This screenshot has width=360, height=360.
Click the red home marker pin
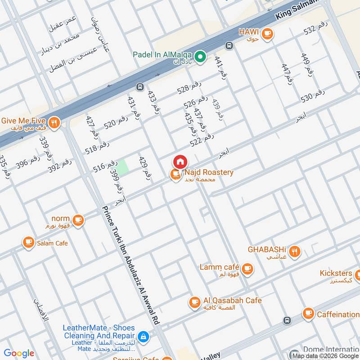(x=180, y=162)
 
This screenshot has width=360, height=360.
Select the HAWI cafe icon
(x=267, y=33)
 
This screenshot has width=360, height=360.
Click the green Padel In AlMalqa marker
(x=201, y=56)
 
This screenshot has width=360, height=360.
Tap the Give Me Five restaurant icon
(x=54, y=122)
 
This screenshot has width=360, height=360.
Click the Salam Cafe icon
(x=29, y=243)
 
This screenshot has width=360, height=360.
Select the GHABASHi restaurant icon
(x=295, y=252)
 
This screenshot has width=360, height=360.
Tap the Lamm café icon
(x=247, y=269)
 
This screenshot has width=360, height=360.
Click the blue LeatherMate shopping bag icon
(x=143, y=336)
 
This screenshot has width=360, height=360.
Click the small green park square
(x=123, y=165)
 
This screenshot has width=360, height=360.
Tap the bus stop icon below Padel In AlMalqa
(x=139, y=86)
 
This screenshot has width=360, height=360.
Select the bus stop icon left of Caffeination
(x=287, y=320)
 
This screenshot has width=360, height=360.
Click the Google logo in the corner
(x=19, y=353)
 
